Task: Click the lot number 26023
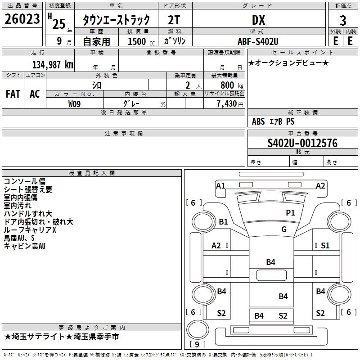click(x=22, y=19)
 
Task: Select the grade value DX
click(x=258, y=20)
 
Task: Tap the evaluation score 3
click(x=343, y=21)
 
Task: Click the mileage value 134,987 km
click(x=53, y=65)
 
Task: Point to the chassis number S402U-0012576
click(x=302, y=143)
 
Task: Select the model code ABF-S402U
click(x=258, y=41)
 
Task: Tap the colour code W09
click(x=74, y=104)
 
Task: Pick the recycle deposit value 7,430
click(x=227, y=104)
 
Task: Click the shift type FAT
click(x=13, y=94)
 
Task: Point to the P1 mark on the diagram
click(x=290, y=212)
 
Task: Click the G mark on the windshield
click(x=284, y=229)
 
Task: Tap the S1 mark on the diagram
click(x=325, y=246)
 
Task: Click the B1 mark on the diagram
click(x=223, y=222)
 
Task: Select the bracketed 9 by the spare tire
click(x=197, y=344)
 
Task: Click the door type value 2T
click(x=174, y=20)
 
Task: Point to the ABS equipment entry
click(x=258, y=121)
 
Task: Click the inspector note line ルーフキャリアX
click(x=30, y=230)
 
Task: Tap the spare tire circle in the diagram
click(x=198, y=330)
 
